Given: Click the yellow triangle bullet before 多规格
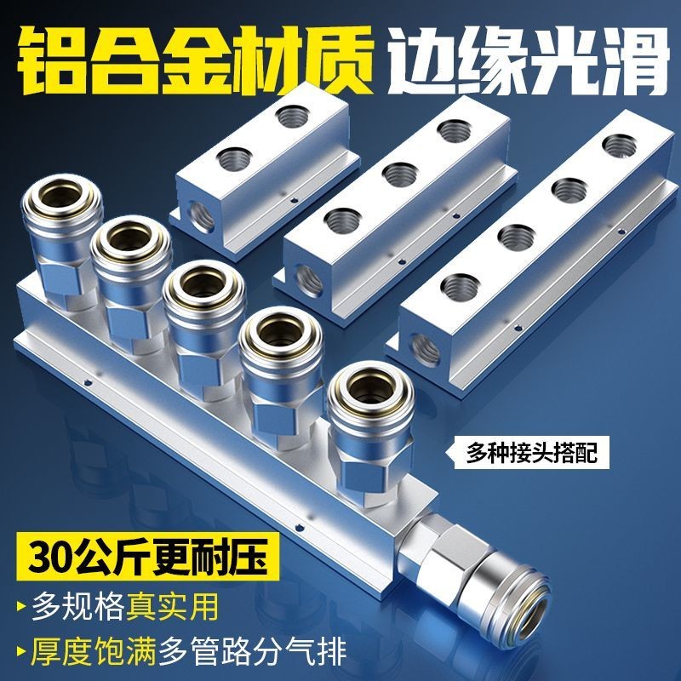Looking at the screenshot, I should pyautogui.click(x=19, y=607).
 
